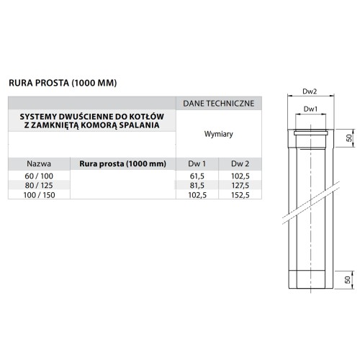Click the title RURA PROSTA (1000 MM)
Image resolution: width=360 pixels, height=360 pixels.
coord(62,83)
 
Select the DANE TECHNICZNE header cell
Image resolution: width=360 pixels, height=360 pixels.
coord(218,103)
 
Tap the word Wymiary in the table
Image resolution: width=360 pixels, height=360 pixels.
coord(218,134)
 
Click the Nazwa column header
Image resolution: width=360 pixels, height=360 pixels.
coord(38,163)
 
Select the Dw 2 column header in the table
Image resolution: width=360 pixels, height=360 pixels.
coord(239,163)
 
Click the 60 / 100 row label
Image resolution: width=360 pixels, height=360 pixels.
coord(38,176)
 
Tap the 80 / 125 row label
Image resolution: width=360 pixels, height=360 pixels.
coord(38,185)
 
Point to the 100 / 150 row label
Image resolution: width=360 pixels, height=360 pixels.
coord(38,194)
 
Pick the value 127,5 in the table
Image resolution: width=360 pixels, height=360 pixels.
coord(239,185)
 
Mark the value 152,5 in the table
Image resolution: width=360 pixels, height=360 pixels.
coord(239,194)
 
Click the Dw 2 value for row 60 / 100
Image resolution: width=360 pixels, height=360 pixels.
coord(239,176)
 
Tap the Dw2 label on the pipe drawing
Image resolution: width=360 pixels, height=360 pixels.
coord(310,91)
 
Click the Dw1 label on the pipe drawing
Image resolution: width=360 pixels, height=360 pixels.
coord(310,109)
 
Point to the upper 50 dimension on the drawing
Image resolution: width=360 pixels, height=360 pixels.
coord(347,138)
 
